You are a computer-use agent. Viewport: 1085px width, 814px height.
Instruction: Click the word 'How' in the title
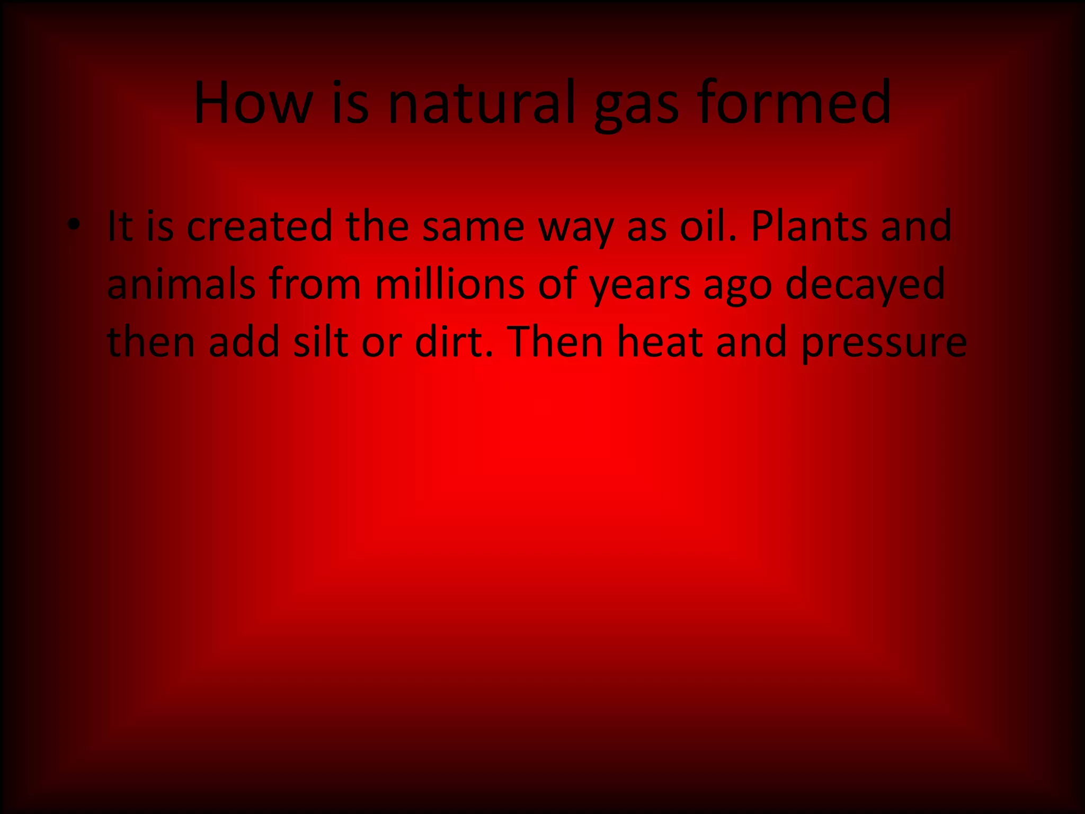click(x=253, y=103)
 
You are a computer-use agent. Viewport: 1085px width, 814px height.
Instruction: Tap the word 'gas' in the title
click(x=636, y=106)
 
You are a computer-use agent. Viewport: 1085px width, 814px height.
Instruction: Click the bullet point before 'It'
click(x=74, y=225)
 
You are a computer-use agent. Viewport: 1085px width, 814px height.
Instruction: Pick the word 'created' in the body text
click(x=259, y=227)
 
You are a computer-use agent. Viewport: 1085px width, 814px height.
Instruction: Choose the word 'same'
click(x=473, y=227)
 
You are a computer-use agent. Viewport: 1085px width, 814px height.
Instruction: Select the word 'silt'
click(x=321, y=342)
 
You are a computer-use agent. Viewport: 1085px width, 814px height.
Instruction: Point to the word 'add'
click(x=244, y=342)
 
